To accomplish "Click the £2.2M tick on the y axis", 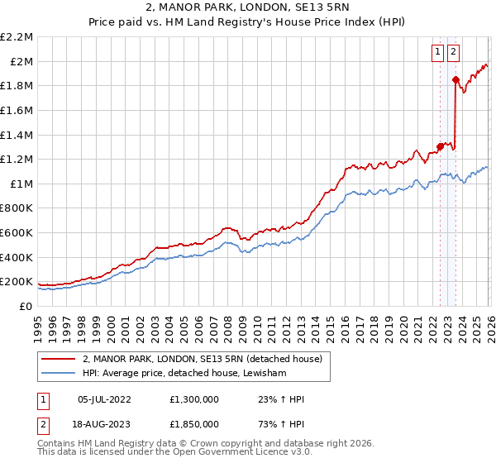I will (17, 37).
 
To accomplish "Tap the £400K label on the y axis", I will (17, 257).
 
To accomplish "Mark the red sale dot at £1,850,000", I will (455, 79).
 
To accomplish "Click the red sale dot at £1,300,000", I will (440, 146).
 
